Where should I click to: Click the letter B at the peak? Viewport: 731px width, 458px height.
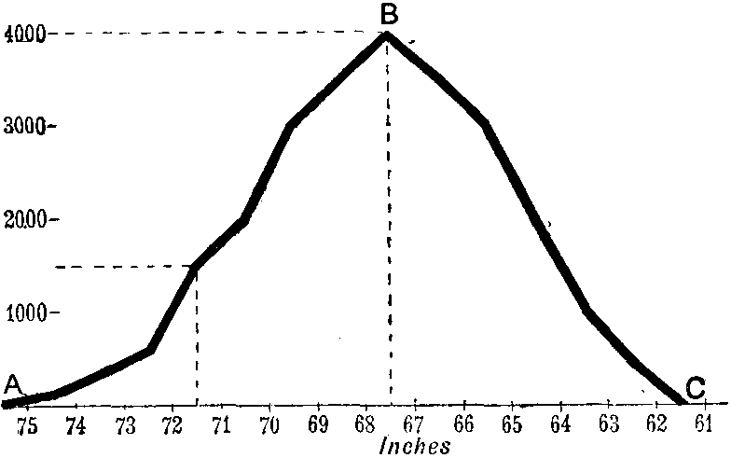[390, 14]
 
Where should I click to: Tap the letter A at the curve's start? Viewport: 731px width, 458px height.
[12, 382]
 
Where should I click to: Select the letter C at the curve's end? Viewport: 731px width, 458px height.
[695, 387]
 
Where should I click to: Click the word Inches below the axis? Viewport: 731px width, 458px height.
[415, 445]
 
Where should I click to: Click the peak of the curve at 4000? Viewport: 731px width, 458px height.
[386, 35]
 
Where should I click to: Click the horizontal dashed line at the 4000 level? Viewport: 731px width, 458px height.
[205, 35]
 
